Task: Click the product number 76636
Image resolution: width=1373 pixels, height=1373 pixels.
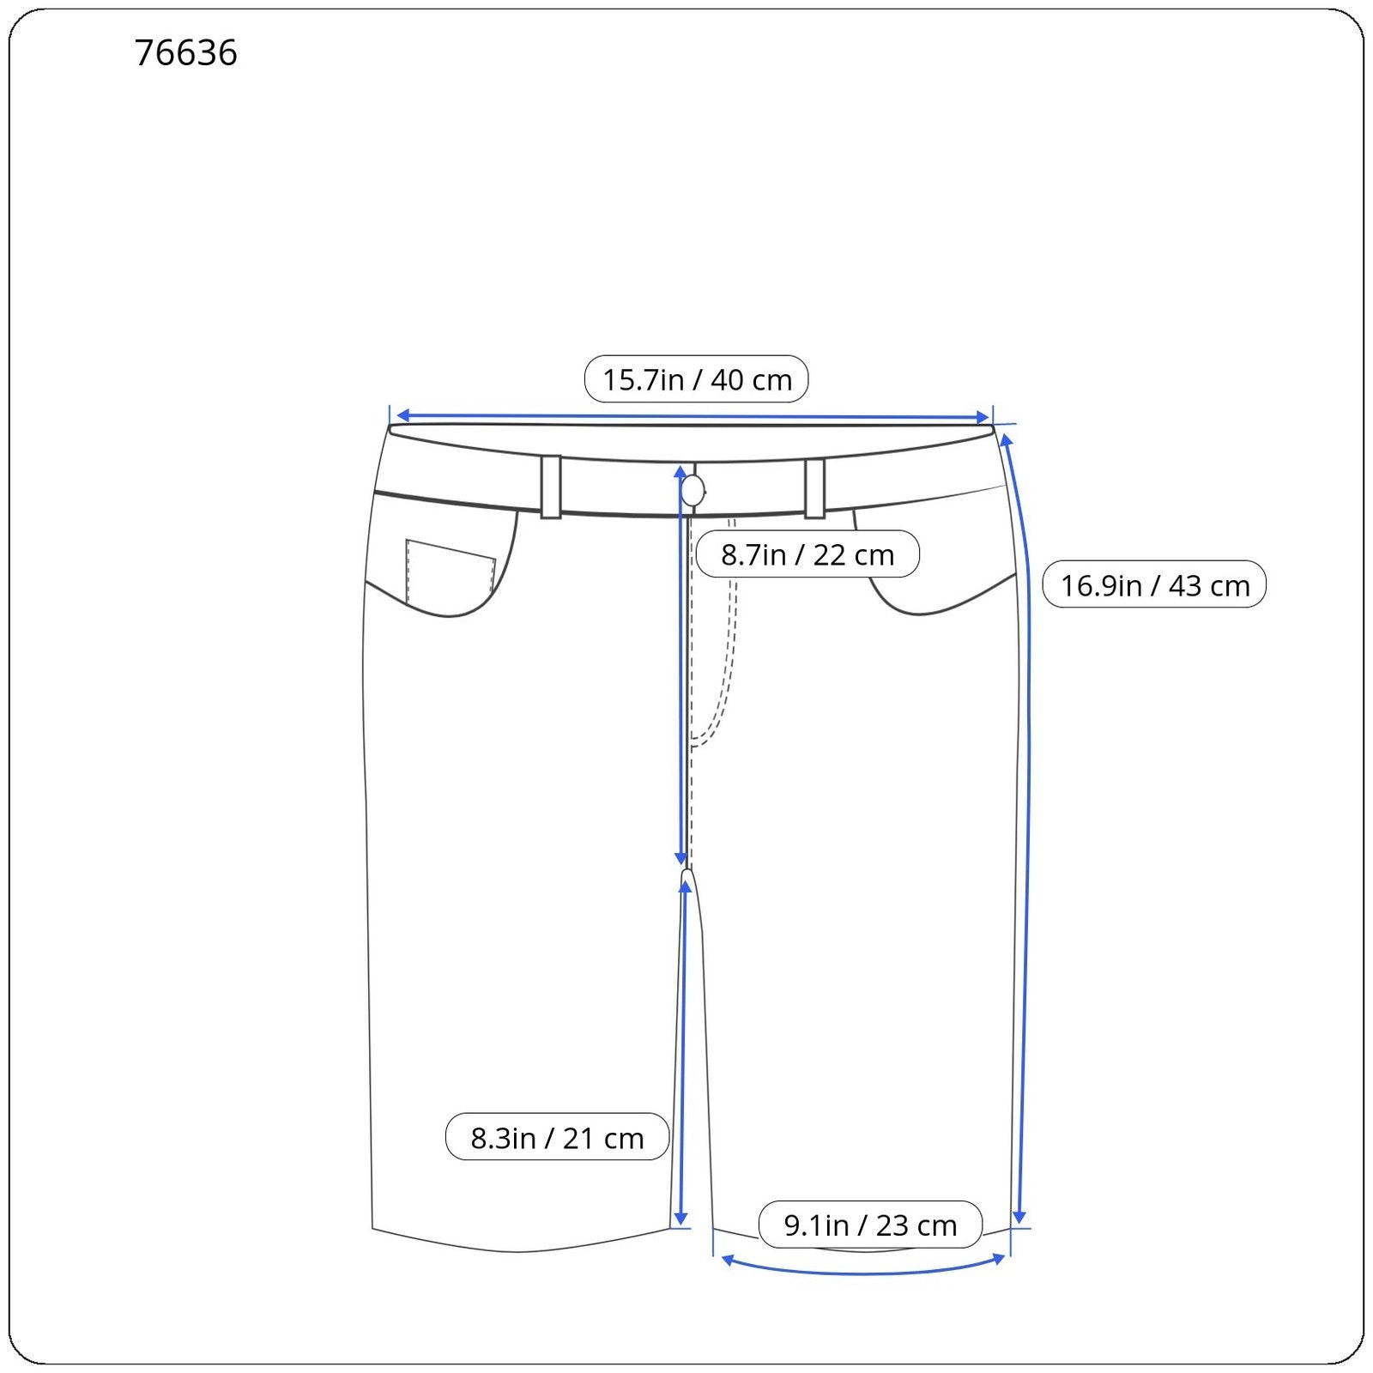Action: click(x=185, y=53)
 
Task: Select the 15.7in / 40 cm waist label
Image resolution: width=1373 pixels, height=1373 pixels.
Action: click(x=696, y=379)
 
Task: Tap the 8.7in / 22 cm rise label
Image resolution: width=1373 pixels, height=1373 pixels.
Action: click(x=807, y=554)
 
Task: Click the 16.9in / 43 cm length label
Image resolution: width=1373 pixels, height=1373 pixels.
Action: click(x=1154, y=585)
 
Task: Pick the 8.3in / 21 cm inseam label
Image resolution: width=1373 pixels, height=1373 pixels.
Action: click(x=557, y=1138)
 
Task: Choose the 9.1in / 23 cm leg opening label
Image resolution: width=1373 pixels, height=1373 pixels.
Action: click(x=870, y=1225)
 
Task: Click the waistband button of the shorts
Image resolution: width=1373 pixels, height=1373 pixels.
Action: click(x=693, y=492)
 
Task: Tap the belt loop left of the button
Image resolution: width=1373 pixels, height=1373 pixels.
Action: click(x=551, y=487)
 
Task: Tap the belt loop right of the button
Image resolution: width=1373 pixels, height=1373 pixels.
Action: click(x=814, y=488)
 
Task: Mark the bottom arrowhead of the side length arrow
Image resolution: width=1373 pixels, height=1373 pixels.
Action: click(x=1019, y=1217)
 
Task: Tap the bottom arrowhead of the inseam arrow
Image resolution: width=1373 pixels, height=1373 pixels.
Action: click(x=680, y=1219)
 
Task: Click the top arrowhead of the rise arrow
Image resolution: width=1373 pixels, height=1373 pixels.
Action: click(x=680, y=472)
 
